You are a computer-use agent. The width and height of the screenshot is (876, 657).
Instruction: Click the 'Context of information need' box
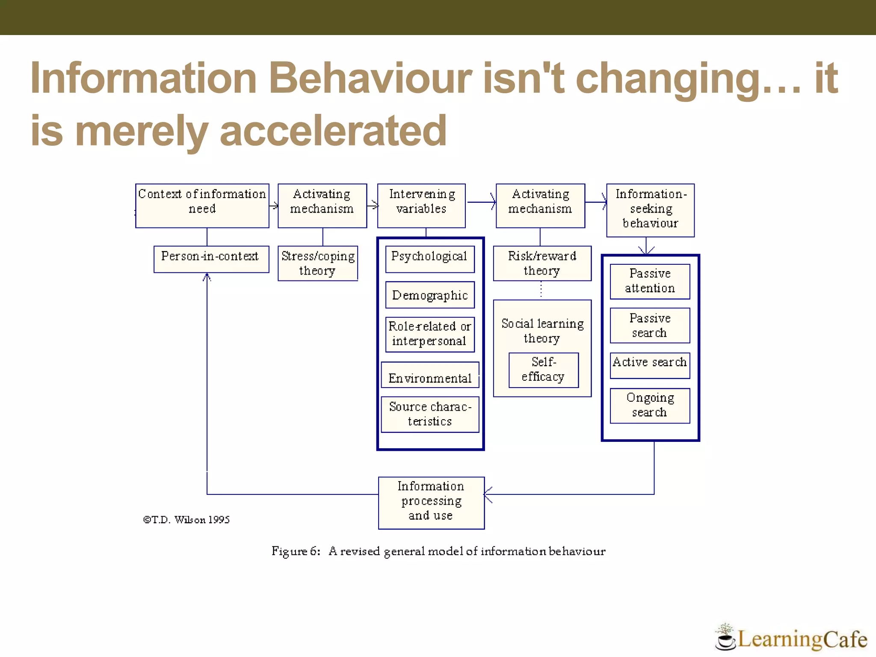202,206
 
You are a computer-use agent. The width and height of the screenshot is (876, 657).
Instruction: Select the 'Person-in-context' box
211,259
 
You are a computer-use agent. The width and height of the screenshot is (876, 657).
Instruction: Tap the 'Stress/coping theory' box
318,263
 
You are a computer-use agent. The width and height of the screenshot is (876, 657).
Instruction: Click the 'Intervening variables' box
421,206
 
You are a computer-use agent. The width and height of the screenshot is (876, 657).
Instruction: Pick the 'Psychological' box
430,259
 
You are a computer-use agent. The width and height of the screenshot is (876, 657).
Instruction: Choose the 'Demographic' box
430,295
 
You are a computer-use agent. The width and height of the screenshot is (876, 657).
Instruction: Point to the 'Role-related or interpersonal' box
430,334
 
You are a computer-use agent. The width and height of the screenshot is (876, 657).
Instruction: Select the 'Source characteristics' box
430,414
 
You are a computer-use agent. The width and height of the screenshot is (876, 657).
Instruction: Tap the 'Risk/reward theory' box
542,263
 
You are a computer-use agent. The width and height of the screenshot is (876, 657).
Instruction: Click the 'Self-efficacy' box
543,370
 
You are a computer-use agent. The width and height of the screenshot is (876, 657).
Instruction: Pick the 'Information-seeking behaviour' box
650,210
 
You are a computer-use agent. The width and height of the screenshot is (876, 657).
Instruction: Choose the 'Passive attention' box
650,281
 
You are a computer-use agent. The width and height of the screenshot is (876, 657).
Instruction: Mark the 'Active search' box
650,365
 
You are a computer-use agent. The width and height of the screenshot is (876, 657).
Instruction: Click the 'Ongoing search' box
650,405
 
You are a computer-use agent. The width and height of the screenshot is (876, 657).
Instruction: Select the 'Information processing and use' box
431,503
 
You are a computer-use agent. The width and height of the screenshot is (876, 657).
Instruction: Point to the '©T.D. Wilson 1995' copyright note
186,520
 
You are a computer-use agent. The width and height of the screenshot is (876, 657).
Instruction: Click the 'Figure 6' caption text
438,551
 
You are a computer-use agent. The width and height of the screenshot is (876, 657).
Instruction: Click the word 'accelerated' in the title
333,131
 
